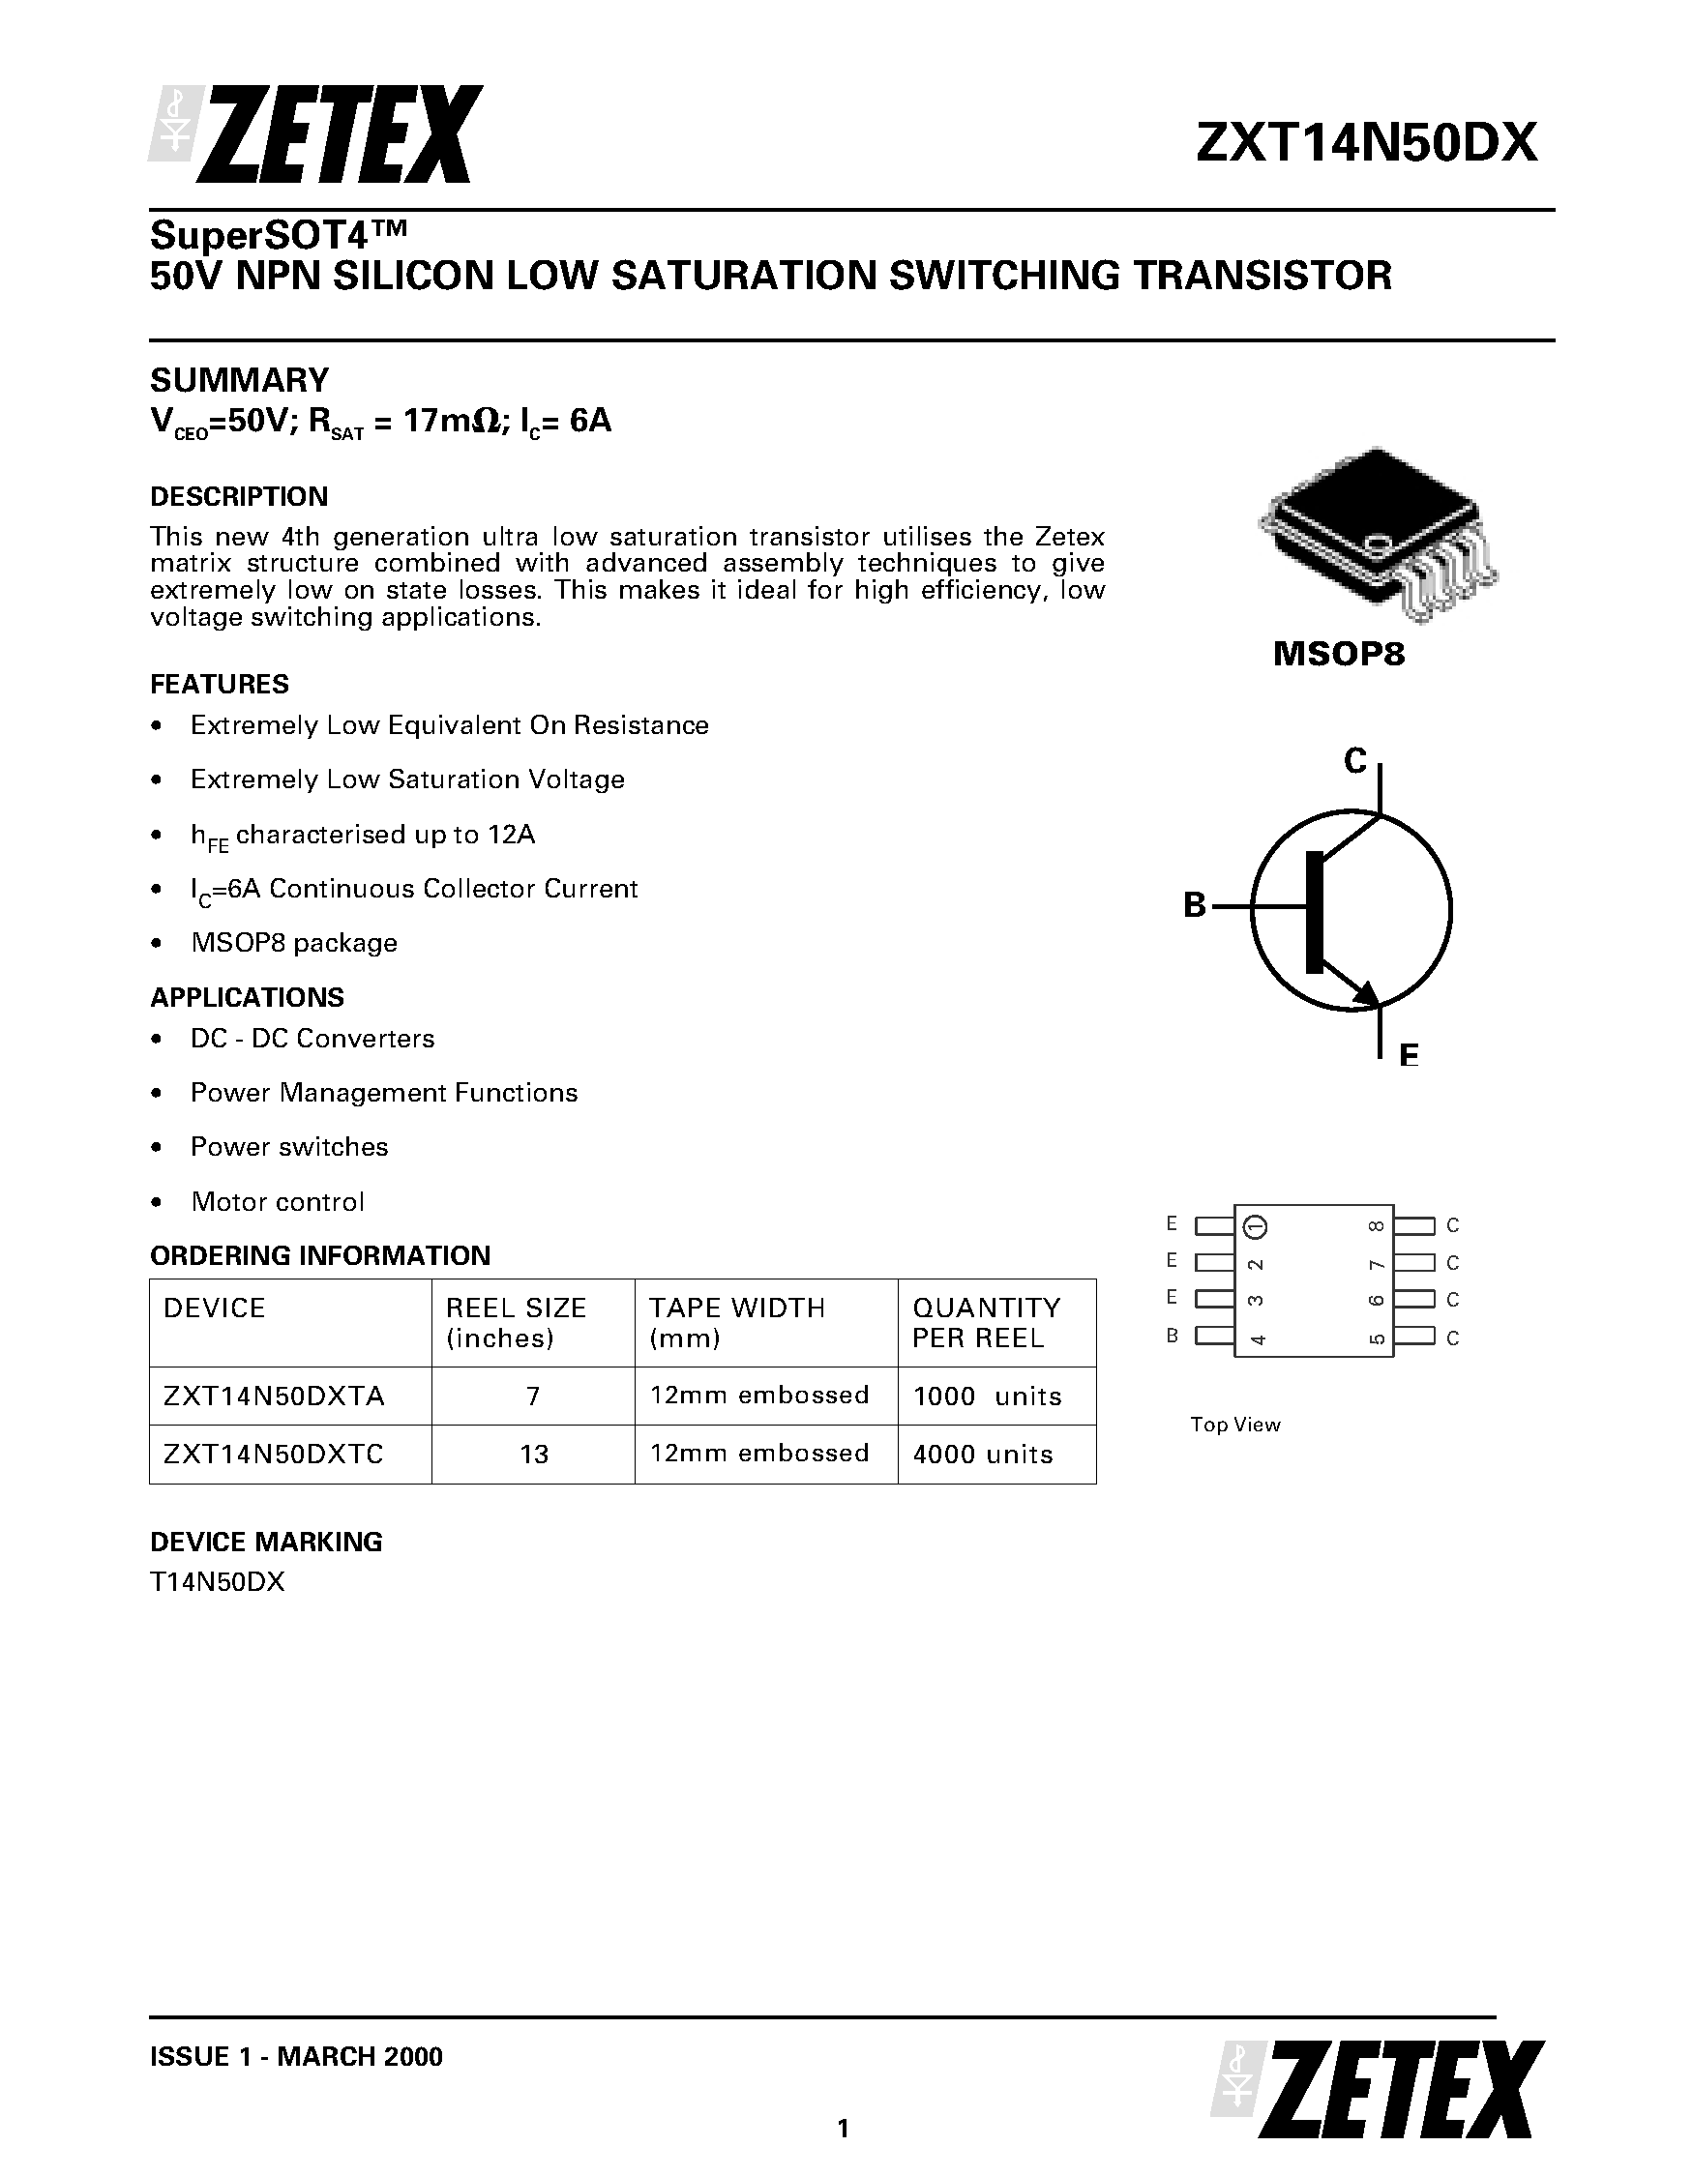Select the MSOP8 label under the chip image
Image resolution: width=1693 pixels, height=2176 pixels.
pyautogui.click(x=1338, y=655)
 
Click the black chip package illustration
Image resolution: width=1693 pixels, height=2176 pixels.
pyautogui.click(x=1376, y=533)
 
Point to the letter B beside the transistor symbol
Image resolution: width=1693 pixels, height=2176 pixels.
pyautogui.click(x=1194, y=905)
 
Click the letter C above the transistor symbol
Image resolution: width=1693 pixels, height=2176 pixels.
pyautogui.click(x=1354, y=761)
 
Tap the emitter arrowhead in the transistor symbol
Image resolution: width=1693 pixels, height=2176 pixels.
pyautogui.click(x=1367, y=993)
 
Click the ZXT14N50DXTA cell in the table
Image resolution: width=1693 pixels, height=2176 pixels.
pyautogui.click(x=274, y=1396)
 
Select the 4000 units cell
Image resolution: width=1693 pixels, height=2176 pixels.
pyautogui.click(x=983, y=1455)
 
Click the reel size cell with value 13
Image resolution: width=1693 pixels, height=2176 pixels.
pyautogui.click(x=534, y=1455)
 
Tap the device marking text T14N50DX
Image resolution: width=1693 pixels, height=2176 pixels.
pyautogui.click(x=218, y=1582)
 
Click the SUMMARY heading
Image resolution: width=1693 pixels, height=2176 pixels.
pyautogui.click(x=239, y=380)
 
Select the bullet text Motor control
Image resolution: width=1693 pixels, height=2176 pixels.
pyautogui.click(x=277, y=1201)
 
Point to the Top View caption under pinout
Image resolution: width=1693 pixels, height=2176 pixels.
pyautogui.click(x=1234, y=1425)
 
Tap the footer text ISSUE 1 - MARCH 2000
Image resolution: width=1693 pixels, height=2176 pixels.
pyautogui.click(x=296, y=2056)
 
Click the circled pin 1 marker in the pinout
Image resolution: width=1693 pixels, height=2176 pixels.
pyautogui.click(x=1257, y=1225)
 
